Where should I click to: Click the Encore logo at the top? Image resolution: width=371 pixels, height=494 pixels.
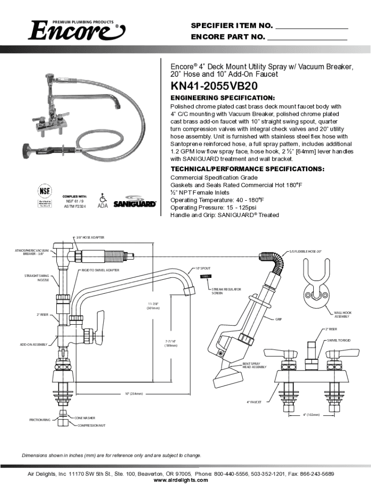coord(77,31)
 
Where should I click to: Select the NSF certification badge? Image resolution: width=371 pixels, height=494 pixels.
coord(45,195)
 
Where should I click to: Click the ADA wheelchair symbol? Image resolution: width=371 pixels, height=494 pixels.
coord(102,198)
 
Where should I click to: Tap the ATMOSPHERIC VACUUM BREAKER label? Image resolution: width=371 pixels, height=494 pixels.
coord(32,253)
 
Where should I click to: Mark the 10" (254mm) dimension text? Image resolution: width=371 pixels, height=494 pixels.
coord(134,394)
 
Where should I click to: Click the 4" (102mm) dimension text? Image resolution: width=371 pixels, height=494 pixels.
coord(311,414)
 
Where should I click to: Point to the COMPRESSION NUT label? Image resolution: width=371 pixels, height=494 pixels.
coord(91,425)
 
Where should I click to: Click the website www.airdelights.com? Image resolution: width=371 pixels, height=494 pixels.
coord(181,480)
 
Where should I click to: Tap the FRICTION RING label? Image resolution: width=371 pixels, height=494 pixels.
coord(40,420)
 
